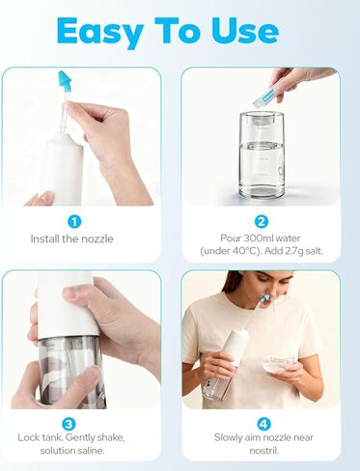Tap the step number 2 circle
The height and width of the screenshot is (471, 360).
[x=261, y=221]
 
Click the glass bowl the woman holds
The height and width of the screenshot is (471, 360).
[x=278, y=363]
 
